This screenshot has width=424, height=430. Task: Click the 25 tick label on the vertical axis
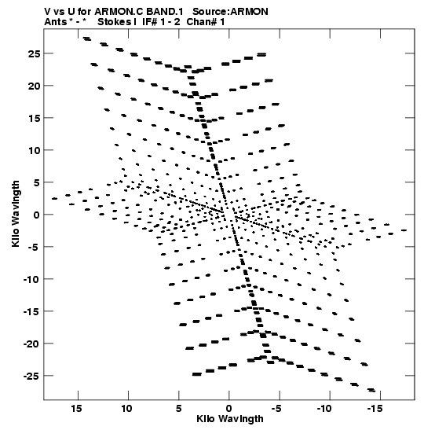tap(34, 53)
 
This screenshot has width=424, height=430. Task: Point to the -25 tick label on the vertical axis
tap(32, 376)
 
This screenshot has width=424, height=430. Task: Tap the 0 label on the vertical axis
tap(37, 215)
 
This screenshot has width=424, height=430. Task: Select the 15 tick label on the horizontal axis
tap(77, 409)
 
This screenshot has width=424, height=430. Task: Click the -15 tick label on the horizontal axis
tap(375, 409)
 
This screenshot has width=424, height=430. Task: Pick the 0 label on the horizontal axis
tap(229, 409)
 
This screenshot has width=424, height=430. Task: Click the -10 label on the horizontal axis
tap(324, 409)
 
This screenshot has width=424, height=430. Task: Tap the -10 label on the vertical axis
tap(32, 279)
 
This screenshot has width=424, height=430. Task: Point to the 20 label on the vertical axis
tap(34, 86)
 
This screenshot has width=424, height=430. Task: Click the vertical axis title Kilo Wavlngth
tap(16, 214)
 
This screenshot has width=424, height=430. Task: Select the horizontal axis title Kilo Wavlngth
tap(230, 419)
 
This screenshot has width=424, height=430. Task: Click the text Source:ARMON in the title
tap(230, 12)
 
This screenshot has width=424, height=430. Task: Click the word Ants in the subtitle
tap(55, 22)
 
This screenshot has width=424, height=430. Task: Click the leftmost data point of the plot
tap(54, 199)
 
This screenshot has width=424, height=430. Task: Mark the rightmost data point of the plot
tap(404, 230)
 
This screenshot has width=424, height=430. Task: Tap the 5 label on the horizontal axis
tap(178, 409)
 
